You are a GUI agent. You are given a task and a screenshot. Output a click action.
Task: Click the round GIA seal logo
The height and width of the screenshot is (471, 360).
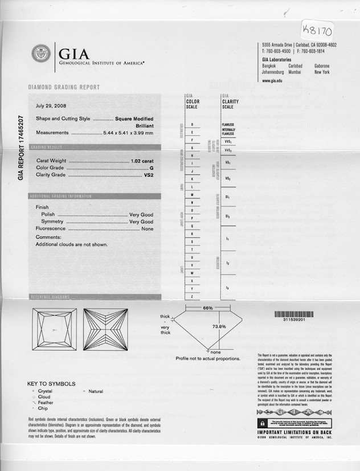[41, 54]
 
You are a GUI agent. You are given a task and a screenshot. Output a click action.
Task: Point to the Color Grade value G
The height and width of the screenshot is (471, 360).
[152, 168]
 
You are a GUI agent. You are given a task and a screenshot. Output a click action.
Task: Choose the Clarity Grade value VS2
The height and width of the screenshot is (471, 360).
[149, 175]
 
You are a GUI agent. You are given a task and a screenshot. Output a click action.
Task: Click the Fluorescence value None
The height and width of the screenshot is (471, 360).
[147, 228]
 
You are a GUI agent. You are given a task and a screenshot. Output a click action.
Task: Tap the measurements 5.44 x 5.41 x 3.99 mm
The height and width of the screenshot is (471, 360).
[128, 133]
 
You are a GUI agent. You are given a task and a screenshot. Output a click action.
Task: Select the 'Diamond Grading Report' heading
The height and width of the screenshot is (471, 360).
[64, 87]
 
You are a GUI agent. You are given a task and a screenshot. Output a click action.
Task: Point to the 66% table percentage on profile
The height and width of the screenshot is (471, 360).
[208, 308]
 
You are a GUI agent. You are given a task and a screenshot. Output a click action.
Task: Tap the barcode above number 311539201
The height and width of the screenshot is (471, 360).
[294, 314]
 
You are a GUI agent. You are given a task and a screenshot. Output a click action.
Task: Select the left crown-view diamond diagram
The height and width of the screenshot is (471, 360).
[54, 329]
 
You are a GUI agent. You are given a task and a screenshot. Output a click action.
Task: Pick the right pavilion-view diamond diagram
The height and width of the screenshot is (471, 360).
[105, 329]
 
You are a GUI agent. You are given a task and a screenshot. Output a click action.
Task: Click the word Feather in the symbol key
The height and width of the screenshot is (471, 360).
[46, 403]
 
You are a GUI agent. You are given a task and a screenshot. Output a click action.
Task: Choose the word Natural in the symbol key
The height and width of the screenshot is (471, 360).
[96, 391]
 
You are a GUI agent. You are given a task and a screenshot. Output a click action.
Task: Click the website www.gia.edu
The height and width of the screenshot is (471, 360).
[273, 81]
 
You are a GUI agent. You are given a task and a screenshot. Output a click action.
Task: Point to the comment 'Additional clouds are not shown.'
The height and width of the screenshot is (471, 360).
[72, 244]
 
